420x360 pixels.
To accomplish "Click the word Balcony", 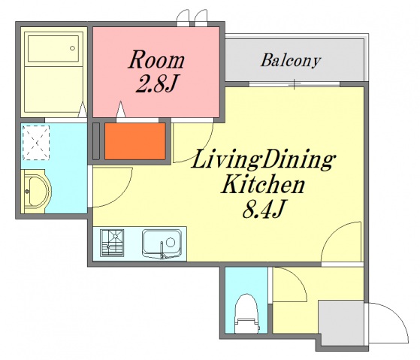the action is point(291,61).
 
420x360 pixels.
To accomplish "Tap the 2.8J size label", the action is point(157,83).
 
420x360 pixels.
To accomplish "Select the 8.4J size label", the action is point(263,209).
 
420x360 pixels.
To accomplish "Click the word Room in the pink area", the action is point(156,59).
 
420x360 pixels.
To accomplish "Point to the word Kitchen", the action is point(263,184).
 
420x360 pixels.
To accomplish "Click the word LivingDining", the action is point(263,159).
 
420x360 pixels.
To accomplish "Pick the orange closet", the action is point(135,141).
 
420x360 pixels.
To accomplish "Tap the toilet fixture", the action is point(246,313).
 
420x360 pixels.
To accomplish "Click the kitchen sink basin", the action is point(162,244).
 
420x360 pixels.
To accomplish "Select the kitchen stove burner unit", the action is point(112,243).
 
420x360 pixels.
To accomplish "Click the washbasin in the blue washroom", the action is point(36,191).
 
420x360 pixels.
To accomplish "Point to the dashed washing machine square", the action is point(36,143).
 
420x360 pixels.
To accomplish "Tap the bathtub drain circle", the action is point(72,48).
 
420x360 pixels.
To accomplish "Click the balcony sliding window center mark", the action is point(295,84).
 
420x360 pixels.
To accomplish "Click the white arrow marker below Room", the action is point(121,109).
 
